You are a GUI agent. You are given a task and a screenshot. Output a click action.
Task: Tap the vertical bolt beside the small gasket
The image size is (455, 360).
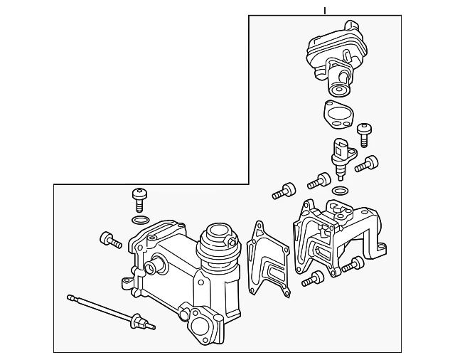pyautogui.click(x=366, y=132)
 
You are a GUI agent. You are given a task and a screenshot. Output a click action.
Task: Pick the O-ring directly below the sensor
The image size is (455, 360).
pyautogui.click(x=341, y=191)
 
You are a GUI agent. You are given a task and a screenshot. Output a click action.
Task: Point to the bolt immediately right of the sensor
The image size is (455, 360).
pyautogui.click(x=367, y=164)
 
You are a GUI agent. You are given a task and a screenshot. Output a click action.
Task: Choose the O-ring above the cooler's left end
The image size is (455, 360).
pyautogui.click(x=141, y=219)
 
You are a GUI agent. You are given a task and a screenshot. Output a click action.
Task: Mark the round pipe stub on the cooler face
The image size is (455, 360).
pyautogui.click(x=151, y=268)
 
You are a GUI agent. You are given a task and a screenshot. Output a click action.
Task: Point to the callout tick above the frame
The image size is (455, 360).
pyautogui.click(x=325, y=10)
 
